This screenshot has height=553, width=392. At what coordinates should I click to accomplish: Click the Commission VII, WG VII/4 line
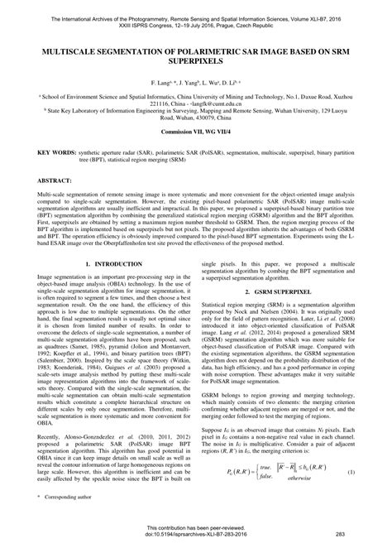(196, 155)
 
